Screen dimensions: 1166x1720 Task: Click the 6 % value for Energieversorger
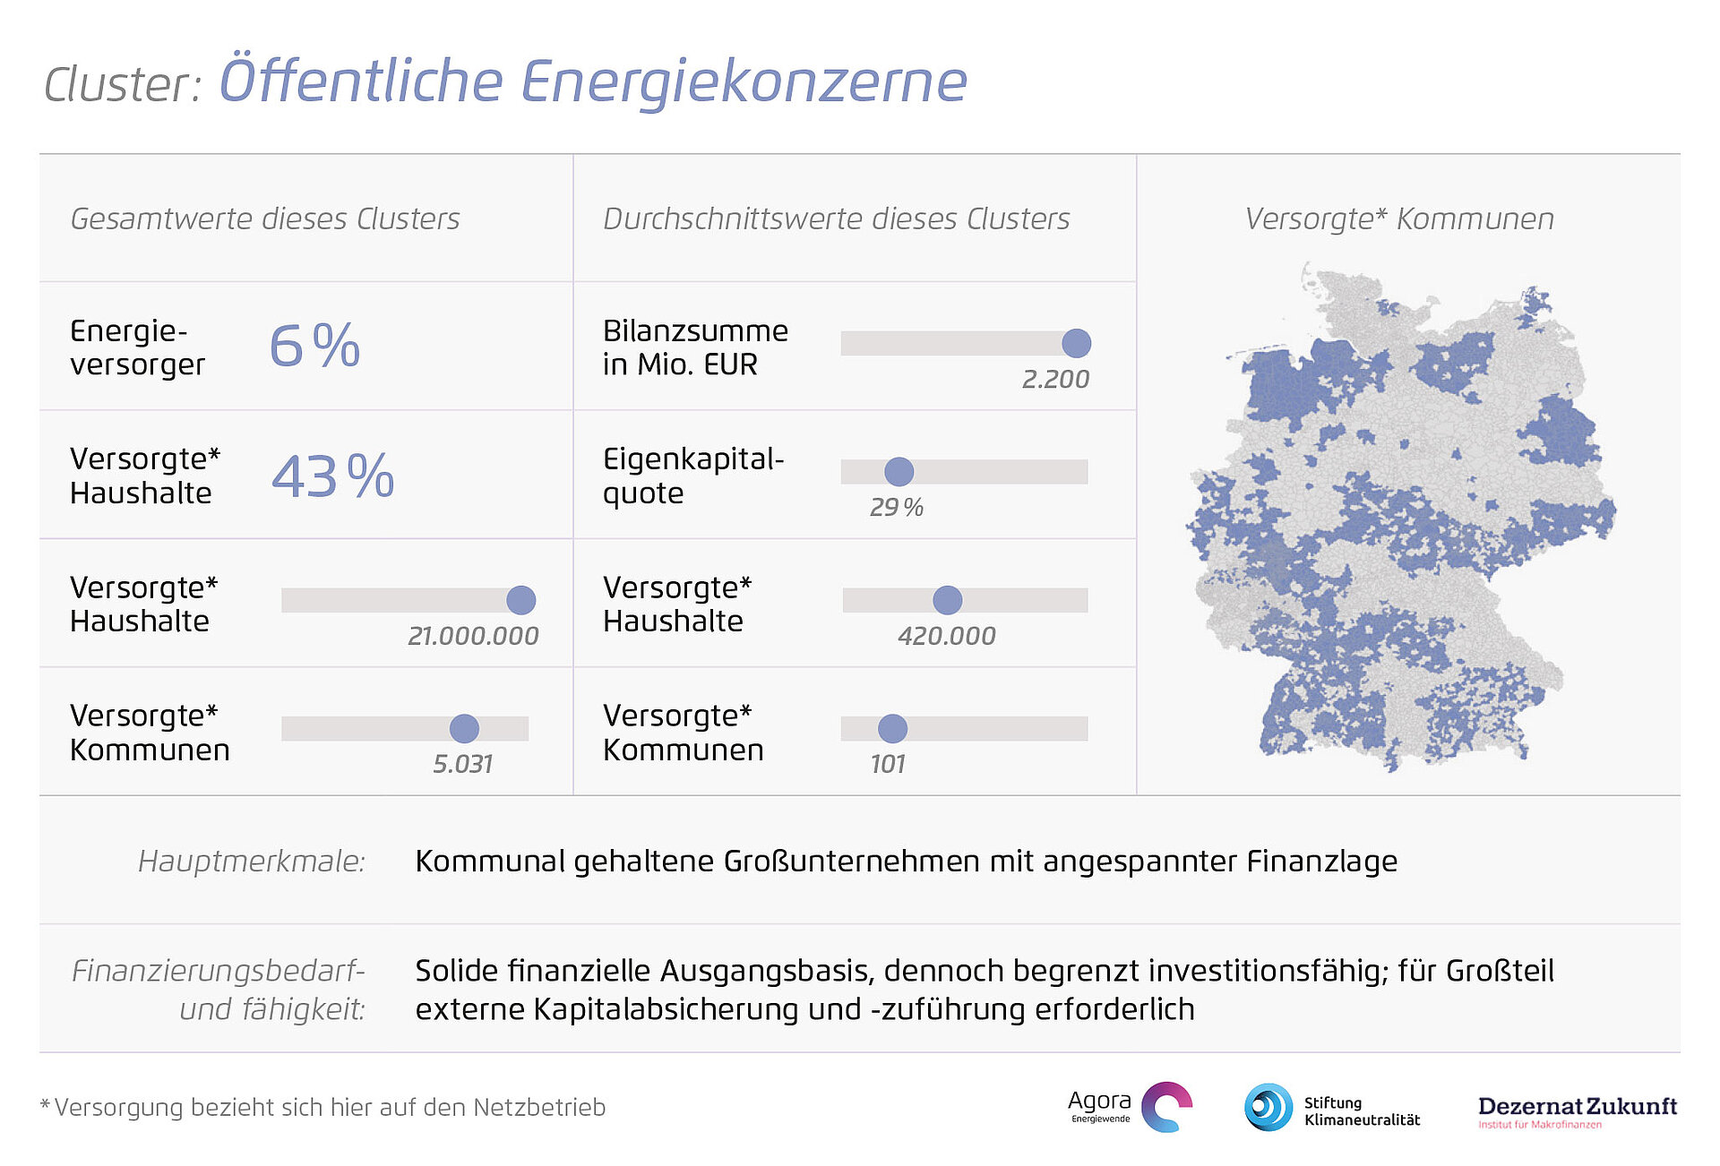pos(314,346)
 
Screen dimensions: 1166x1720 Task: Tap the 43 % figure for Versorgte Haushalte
pos(332,476)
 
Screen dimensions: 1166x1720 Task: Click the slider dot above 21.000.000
pos(520,600)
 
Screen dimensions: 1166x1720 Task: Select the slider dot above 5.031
pos(464,728)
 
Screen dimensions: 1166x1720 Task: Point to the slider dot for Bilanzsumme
pos(1076,343)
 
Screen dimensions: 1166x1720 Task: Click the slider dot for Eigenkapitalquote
pos(899,471)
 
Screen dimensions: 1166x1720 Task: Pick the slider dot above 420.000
pos(947,600)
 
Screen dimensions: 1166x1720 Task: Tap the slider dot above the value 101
pos(892,728)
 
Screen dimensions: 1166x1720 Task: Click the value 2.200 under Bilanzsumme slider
pos(1055,379)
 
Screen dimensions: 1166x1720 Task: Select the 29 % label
pos(896,507)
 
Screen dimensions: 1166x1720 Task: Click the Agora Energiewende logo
pos(1130,1107)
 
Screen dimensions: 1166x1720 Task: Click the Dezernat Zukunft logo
pos(1577,1110)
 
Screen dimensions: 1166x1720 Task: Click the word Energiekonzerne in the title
pos(744,82)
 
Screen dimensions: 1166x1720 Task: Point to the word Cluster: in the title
pos(123,85)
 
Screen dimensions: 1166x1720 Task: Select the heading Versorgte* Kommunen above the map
pos(1399,219)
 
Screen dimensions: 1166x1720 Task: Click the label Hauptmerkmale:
pos(252,861)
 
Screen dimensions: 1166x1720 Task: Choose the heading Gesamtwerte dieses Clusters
pos(264,219)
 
